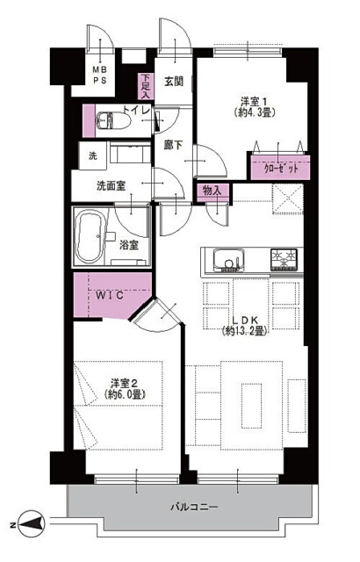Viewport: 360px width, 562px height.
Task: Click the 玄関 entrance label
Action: [x=174, y=82]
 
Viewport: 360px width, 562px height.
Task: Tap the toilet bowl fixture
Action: [x=113, y=120]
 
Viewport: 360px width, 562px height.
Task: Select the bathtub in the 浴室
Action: [x=90, y=236]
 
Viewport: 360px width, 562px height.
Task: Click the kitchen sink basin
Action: [x=229, y=260]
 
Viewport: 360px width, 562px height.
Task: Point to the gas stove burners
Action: [x=284, y=259]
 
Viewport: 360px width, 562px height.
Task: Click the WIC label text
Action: [x=110, y=295]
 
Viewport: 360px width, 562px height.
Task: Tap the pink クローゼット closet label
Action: [x=280, y=168]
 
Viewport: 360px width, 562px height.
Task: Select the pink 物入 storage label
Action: [x=212, y=191]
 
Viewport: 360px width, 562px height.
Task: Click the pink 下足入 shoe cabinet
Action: [x=146, y=86]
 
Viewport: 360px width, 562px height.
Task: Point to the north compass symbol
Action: [x=32, y=523]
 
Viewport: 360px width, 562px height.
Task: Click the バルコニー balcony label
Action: [x=194, y=508]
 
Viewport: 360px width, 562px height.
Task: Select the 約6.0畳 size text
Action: [x=125, y=394]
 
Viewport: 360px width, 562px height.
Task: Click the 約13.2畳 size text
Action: [x=245, y=331]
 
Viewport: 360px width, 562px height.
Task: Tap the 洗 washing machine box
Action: [x=92, y=155]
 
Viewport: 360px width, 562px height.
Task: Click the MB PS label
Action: [x=100, y=75]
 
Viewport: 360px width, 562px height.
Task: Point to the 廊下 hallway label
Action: [x=173, y=145]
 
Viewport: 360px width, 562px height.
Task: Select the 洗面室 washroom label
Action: [x=111, y=185]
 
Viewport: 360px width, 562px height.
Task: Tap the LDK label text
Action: [x=245, y=320]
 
